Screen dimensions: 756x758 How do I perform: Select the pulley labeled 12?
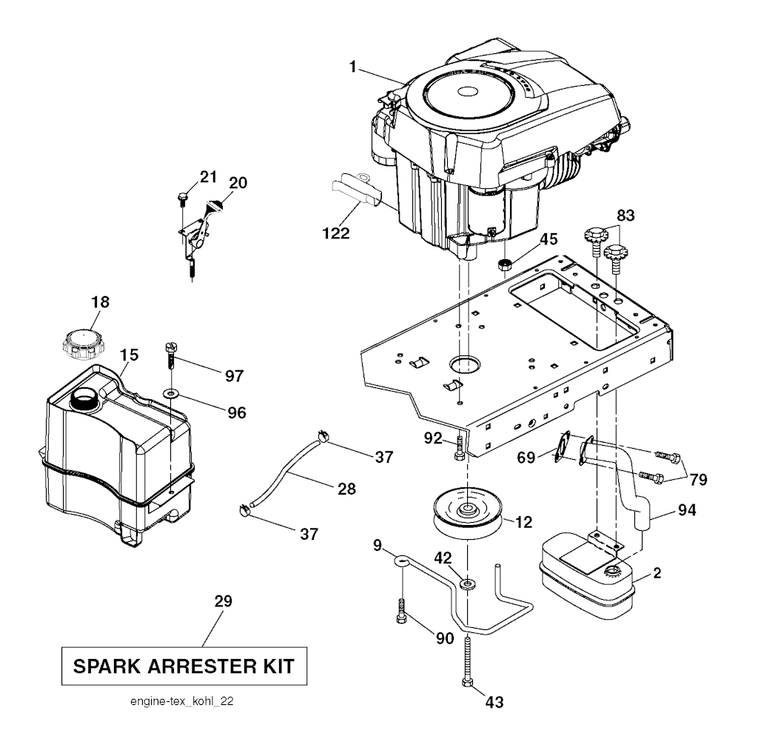click(x=469, y=515)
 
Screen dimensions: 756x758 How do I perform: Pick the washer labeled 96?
click(x=172, y=392)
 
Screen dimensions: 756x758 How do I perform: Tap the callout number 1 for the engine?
click(x=353, y=67)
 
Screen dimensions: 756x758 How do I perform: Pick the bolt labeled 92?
click(x=458, y=446)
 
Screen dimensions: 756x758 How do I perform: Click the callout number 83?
click(x=625, y=215)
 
